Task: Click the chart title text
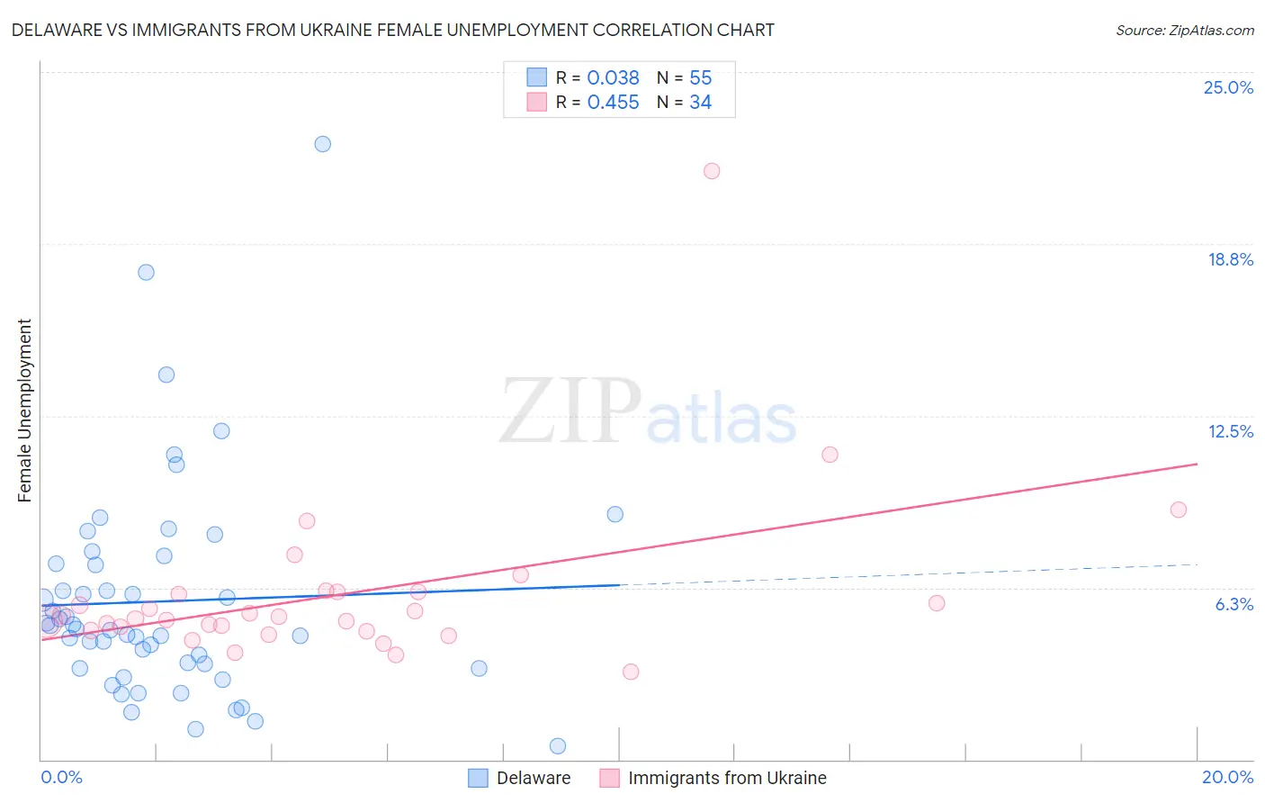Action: (x=392, y=30)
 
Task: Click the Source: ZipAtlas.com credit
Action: (x=1184, y=30)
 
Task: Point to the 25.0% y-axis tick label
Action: (x=1228, y=87)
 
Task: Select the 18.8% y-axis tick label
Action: (x=1230, y=259)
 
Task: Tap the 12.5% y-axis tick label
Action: (x=1230, y=431)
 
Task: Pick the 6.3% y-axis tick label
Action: (x=1234, y=604)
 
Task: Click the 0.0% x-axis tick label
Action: (x=61, y=777)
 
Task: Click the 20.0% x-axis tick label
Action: (x=1227, y=777)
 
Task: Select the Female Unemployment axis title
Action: (x=24, y=410)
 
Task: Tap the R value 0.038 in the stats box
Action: (x=613, y=78)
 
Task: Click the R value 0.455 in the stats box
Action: (x=613, y=103)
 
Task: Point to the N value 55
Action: (x=700, y=78)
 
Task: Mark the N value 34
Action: (x=700, y=103)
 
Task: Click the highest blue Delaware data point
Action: (x=322, y=144)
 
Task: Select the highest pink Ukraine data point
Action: (x=712, y=171)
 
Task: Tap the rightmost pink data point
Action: (x=1178, y=510)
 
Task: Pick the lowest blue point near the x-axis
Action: (x=558, y=745)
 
